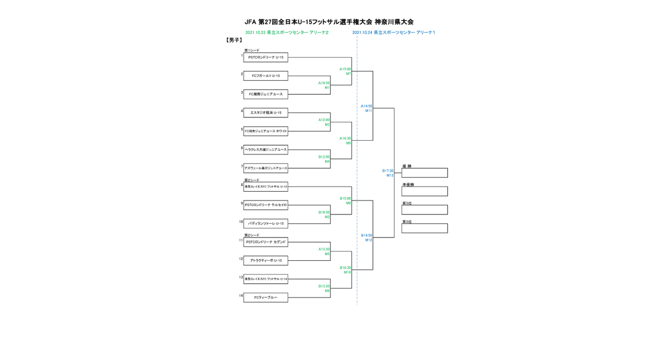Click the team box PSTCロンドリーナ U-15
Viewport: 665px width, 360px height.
[265, 57]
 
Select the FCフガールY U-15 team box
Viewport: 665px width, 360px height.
[265, 76]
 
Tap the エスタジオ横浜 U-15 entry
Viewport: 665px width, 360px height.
[265, 113]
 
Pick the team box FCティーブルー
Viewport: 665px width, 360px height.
[265, 298]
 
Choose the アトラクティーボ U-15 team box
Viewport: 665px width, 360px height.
[265, 261]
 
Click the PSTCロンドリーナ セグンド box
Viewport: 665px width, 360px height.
[265, 242]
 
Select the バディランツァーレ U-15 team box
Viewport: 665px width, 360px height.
[265, 224]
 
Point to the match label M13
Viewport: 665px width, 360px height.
[390, 175]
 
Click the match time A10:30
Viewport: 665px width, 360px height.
[324, 83]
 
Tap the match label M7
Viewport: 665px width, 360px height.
[349, 74]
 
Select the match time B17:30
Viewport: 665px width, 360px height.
[388, 171]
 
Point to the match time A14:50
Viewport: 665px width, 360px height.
[366, 106]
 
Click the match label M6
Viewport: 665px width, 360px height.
[328, 291]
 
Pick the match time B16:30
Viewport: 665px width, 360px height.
[345, 268]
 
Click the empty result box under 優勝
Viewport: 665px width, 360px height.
[424, 173]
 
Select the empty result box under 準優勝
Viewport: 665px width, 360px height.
[424, 192]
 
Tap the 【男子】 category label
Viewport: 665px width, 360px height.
[234, 40]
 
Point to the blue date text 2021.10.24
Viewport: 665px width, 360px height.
[362, 33]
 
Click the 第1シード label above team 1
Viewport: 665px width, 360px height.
[252, 50]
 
